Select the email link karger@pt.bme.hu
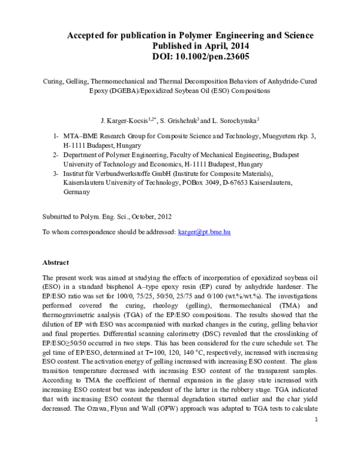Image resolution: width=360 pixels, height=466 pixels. coord(208,231)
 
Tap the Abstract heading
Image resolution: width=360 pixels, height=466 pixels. coord(56,262)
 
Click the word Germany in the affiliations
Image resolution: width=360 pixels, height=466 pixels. coord(76,192)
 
